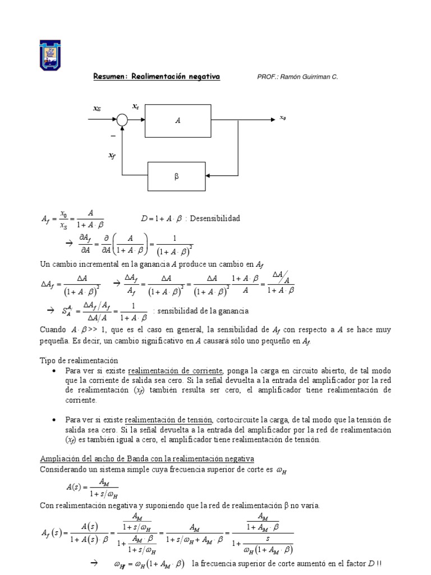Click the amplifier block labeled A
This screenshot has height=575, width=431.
click(178, 120)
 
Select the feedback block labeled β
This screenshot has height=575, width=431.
click(177, 176)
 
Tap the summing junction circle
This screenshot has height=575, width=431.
click(122, 119)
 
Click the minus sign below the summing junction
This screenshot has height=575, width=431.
click(113, 136)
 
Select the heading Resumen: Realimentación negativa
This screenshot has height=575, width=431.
click(156, 76)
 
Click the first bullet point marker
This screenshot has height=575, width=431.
click(53, 372)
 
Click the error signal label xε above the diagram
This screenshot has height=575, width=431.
click(135, 106)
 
